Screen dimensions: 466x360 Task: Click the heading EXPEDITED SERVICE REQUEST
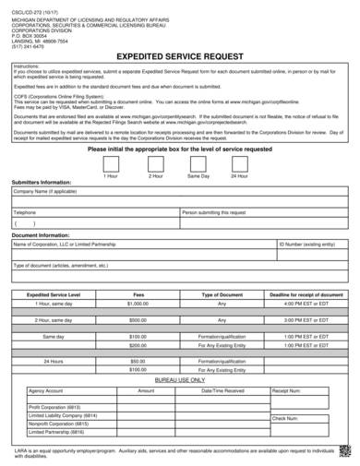tap(180, 57)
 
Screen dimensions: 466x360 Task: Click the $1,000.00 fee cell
tap(138, 303)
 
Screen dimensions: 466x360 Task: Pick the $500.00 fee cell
tap(138, 320)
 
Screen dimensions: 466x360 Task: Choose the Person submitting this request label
tap(214, 211)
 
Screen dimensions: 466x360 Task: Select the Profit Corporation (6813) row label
tap(56, 407)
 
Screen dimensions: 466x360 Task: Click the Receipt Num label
tap(288, 391)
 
